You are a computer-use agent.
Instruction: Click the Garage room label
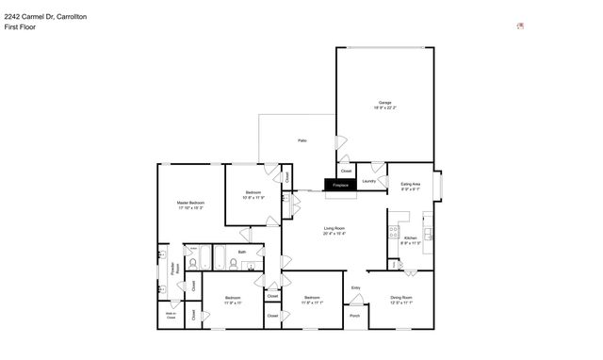pos(385,103)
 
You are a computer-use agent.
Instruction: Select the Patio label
pos(301,140)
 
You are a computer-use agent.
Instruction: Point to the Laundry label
pos(369,181)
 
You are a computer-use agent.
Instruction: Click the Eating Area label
pos(410,185)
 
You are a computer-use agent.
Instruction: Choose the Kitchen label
pos(409,239)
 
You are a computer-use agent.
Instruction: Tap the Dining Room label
pos(401,298)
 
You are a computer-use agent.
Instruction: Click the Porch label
pos(355,316)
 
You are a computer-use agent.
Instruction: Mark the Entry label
pos(356,287)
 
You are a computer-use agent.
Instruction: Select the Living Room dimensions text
pos(334,233)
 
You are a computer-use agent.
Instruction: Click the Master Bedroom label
pos(190,203)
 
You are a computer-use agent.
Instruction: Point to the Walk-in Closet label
pos(171,316)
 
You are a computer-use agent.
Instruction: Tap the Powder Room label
pos(174,268)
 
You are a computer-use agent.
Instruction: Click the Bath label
pos(241,252)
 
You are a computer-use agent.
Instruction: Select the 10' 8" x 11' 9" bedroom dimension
pos(253,198)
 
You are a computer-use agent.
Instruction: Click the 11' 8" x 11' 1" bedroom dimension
pos(313,303)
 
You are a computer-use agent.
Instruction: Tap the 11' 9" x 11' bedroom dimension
pos(233,303)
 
